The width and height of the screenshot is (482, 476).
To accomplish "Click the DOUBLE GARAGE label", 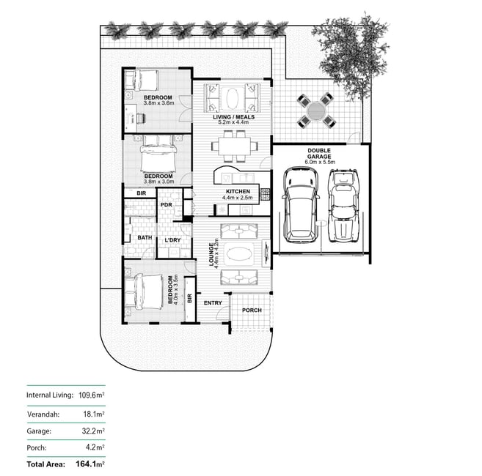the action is coord(319,154).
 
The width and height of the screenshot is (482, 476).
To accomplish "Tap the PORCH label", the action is coord(252,310).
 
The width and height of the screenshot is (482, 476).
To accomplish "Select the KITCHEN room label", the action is coord(238,192).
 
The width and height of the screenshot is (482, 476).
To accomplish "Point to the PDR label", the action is coord(167,205).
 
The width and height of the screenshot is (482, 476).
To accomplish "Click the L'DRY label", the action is coord(172,240).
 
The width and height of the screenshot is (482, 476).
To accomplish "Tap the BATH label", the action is coord(145,237).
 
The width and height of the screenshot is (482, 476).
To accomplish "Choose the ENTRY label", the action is coord(213,303).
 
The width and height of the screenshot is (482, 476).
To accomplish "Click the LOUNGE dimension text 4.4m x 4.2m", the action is coord(216,252).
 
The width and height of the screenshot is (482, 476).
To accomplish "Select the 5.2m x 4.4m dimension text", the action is coord(233,122).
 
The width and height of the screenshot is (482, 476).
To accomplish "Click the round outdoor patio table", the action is coord(315,111).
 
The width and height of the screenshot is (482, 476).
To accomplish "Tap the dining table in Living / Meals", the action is coord(235,146).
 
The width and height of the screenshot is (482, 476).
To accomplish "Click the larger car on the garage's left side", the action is coord(300,205).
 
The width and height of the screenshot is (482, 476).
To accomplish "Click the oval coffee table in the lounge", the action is coord(239,254).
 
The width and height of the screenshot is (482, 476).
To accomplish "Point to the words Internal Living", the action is coord(50,395).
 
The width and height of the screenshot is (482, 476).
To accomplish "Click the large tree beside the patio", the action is coord(351,55).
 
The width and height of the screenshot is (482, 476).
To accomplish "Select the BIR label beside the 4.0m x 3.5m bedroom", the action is coord(189,298).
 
